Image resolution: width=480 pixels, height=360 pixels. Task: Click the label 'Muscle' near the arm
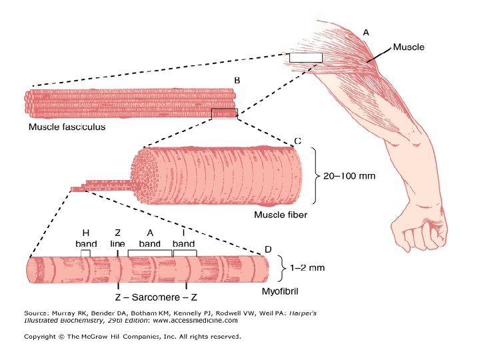click(408, 47)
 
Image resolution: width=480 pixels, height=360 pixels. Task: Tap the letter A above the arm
click(366, 32)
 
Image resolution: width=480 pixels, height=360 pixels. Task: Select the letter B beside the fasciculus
click(237, 80)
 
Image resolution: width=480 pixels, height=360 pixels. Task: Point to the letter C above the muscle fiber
click(297, 141)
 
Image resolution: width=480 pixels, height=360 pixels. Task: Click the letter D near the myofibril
click(268, 249)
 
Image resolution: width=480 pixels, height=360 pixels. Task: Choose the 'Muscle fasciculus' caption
click(67, 127)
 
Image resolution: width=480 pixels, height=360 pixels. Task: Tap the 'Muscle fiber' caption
click(281, 215)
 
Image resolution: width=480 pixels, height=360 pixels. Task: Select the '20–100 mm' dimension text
click(349, 177)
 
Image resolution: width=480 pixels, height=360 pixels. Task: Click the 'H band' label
click(85, 238)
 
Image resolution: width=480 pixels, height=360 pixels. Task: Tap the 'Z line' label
click(117, 238)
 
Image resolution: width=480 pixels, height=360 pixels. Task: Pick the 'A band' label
click(150, 238)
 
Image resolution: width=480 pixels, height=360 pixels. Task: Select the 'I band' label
click(183, 238)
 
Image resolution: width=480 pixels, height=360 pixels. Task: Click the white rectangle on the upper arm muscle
click(305, 57)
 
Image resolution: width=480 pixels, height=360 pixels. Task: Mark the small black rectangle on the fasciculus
click(224, 113)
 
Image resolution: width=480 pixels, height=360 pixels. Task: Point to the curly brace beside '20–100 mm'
click(317, 177)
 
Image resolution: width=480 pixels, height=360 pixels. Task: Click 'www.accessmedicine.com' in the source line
click(195, 320)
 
